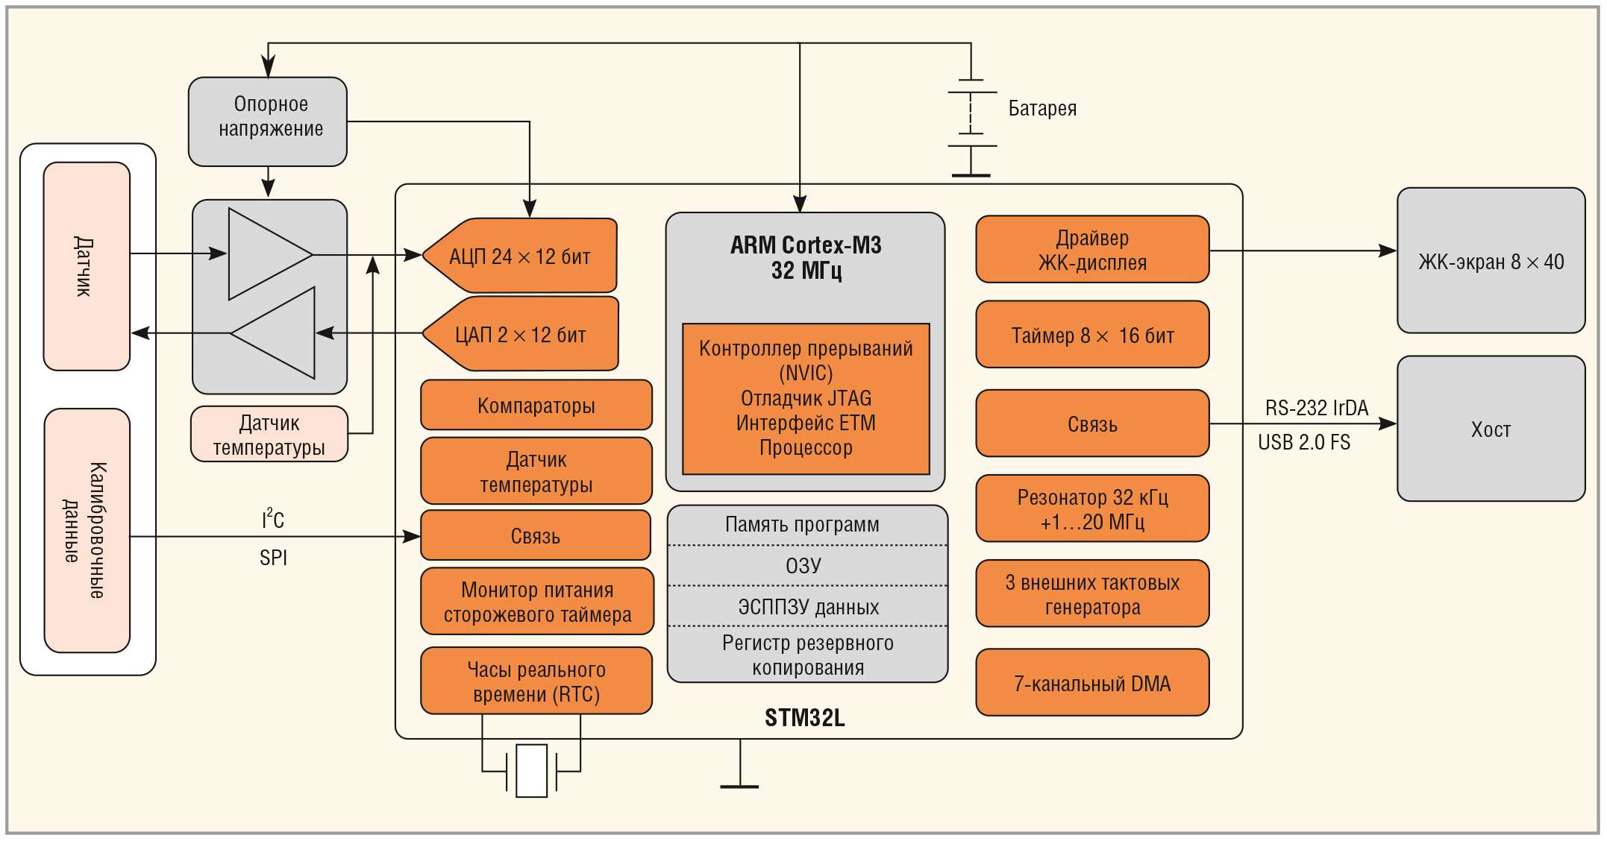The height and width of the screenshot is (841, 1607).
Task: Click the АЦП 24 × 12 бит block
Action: (x=521, y=256)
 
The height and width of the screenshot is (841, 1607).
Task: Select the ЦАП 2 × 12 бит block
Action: (x=521, y=334)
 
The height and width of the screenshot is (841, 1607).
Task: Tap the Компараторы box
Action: (x=536, y=406)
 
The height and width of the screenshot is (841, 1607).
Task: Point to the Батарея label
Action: (x=1042, y=109)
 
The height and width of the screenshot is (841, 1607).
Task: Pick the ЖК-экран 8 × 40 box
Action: (x=1490, y=261)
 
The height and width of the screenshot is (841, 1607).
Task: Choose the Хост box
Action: (x=1490, y=429)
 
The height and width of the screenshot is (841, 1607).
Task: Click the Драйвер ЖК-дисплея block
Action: (x=1091, y=250)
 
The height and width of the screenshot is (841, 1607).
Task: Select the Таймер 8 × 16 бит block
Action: (x=1091, y=335)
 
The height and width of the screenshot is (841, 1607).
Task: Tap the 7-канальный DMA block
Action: (x=1091, y=683)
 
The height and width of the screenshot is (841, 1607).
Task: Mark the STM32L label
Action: (x=804, y=718)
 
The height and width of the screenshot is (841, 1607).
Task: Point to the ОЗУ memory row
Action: (x=804, y=566)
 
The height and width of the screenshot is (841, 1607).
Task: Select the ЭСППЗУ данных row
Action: (x=807, y=607)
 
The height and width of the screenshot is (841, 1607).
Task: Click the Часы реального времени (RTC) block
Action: (x=536, y=681)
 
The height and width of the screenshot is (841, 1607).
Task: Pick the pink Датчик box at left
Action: (x=87, y=266)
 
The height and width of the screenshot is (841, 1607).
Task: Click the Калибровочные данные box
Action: (x=87, y=530)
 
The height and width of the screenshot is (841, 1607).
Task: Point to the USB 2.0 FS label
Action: (x=1303, y=443)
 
